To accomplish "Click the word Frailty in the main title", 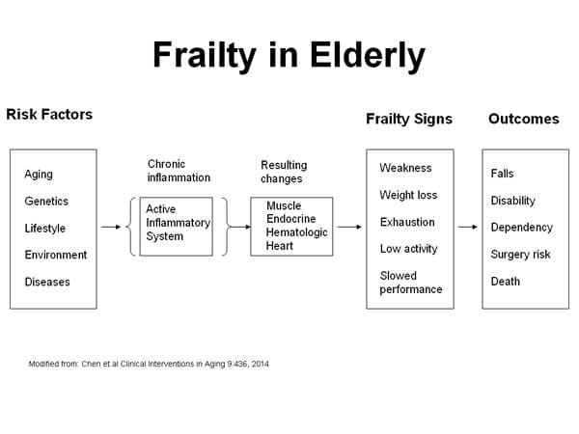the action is [x=205, y=55].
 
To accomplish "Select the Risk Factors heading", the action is [x=49, y=115].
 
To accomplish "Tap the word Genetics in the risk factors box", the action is [x=46, y=202].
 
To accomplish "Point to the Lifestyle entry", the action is [x=45, y=229].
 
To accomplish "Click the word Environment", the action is [x=56, y=255].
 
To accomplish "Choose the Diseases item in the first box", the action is [x=47, y=282].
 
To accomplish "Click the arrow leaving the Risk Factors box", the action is [x=111, y=227].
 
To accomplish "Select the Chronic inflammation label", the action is [x=179, y=171].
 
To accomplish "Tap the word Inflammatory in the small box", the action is [x=178, y=223].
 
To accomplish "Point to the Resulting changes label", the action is [x=284, y=172].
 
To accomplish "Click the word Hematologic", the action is [x=297, y=232].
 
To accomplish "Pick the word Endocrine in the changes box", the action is [x=291, y=219].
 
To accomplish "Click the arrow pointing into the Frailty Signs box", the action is [x=349, y=227].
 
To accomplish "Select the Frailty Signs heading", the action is [x=409, y=119].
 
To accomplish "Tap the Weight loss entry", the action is [x=408, y=195].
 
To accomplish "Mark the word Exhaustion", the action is [x=407, y=222].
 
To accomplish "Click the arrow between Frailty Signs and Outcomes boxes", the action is [x=467, y=227].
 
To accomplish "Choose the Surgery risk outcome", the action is [x=521, y=255].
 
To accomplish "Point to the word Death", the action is [x=505, y=282].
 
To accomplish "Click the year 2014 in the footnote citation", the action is [x=261, y=365].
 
